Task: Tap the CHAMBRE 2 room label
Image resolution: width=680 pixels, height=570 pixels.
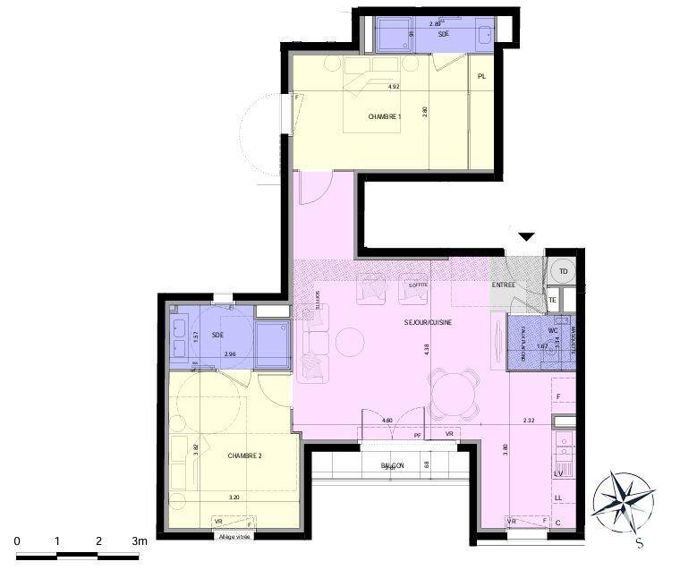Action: [x=244, y=455]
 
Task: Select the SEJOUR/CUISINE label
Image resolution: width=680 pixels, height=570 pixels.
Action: [x=427, y=322]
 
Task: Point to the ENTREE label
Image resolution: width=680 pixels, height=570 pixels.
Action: [x=503, y=285]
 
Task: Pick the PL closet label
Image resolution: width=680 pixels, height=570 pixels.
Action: [x=482, y=77]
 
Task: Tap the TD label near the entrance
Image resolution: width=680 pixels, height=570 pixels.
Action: [x=564, y=271]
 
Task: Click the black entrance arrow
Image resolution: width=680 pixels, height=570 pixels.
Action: [x=527, y=236]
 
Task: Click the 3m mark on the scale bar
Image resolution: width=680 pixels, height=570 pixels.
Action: [x=139, y=541]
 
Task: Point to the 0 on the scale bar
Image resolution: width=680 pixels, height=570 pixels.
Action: [x=17, y=541]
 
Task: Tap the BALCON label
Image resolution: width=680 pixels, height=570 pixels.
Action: [x=392, y=465]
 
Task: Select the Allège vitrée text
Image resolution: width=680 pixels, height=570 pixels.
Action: [x=234, y=536]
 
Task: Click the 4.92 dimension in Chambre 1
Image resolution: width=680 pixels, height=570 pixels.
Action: [x=393, y=87]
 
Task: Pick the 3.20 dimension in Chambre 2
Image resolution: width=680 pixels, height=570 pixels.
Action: [x=234, y=497]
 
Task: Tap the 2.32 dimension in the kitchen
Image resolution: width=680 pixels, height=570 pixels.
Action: [x=529, y=420]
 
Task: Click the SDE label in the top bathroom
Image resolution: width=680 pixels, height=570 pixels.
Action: [x=443, y=34]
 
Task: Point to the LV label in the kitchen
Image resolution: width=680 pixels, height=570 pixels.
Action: [x=558, y=472]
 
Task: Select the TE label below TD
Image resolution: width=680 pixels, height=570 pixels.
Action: [x=553, y=300]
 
